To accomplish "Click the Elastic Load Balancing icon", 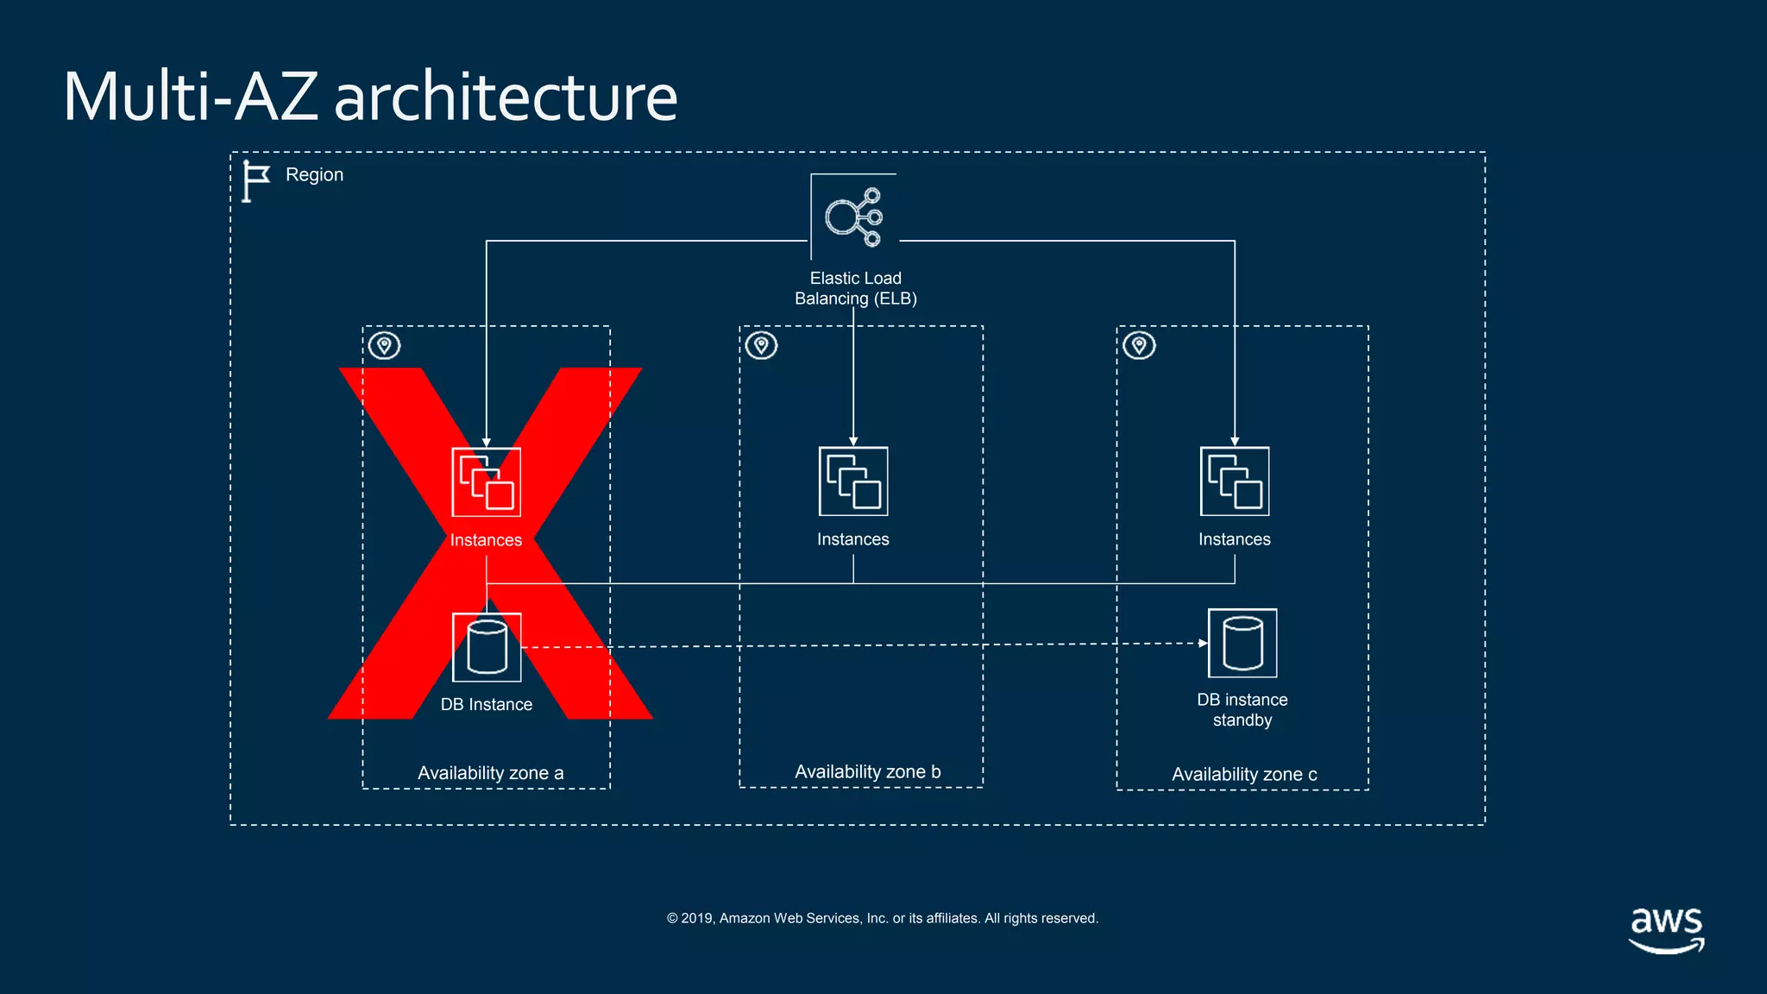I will [x=853, y=217].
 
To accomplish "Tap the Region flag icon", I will [x=255, y=181].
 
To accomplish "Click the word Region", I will [x=314, y=175].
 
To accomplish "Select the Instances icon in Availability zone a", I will [x=486, y=482].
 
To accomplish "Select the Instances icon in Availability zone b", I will [x=853, y=481].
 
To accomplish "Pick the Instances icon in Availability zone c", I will [x=1235, y=481].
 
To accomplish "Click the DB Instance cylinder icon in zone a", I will [x=487, y=647].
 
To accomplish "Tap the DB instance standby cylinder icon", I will [x=1242, y=644].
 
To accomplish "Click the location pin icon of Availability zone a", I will [x=385, y=346].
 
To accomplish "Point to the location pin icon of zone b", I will [x=761, y=345].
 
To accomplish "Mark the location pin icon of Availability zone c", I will [x=1139, y=345].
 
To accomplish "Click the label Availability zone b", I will [x=867, y=771].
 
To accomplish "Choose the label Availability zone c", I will [x=1244, y=774].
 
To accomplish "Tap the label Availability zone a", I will [x=490, y=773].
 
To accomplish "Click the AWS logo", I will [x=1666, y=929].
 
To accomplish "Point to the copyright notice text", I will [x=882, y=918].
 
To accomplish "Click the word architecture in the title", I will [x=506, y=97].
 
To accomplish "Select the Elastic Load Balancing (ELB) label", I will [x=855, y=288].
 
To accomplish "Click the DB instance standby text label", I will [x=1242, y=709].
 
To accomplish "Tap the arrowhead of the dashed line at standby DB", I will [x=1203, y=643].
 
